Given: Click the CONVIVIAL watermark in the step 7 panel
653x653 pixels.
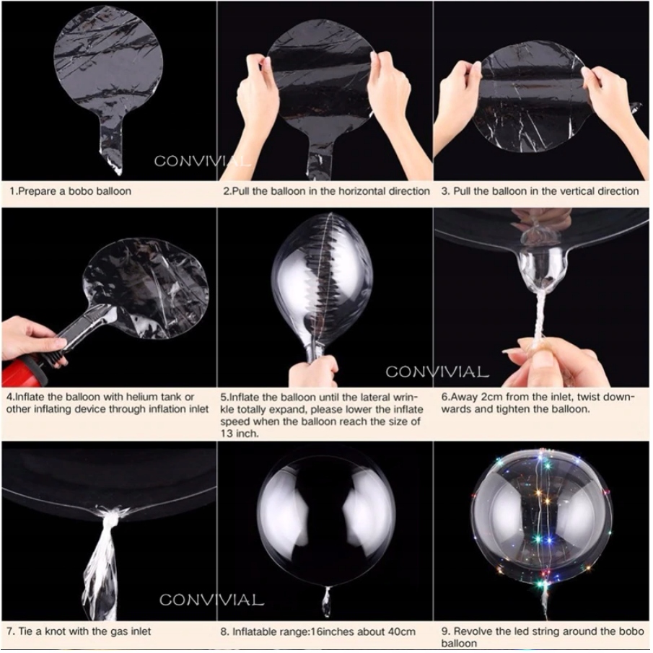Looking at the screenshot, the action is point(211,600).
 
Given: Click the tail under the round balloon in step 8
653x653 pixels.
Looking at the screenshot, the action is point(327,602).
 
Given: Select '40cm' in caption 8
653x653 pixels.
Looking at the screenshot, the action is point(401,632).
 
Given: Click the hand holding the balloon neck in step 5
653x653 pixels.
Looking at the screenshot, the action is point(315,371).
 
